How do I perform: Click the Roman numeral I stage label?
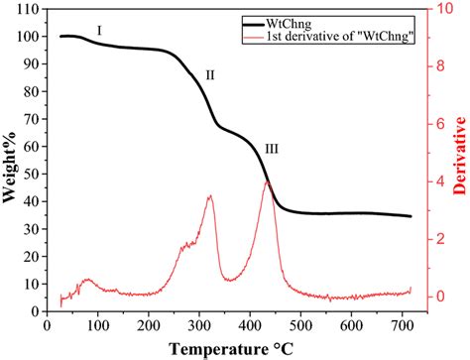(99, 31)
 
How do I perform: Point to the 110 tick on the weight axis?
(29, 9)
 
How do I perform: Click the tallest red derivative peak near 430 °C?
(267, 181)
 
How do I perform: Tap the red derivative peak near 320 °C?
(210, 196)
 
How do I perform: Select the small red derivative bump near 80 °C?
(86, 280)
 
